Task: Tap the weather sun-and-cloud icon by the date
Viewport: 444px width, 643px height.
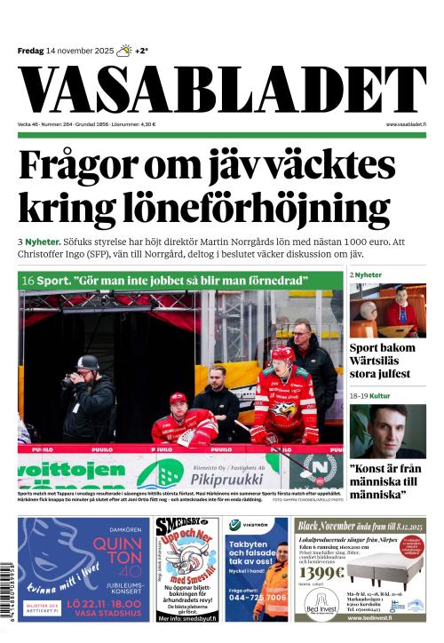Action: click(x=124, y=51)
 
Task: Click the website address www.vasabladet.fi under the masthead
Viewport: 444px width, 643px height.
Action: click(x=406, y=124)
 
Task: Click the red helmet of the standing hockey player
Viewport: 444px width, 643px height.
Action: click(x=282, y=355)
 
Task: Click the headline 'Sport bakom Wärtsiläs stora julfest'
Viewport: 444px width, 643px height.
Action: click(x=386, y=361)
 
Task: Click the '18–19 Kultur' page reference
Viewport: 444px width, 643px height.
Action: click(x=370, y=395)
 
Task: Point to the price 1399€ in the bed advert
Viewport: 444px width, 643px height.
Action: click(x=321, y=572)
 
